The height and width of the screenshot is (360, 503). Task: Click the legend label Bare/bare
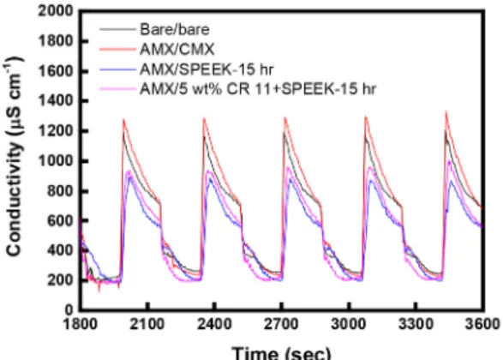(175, 29)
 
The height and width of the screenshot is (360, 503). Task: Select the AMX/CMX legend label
(177, 49)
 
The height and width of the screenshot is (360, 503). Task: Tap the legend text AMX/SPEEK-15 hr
(207, 69)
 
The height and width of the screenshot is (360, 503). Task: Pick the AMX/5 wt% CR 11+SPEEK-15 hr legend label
(258, 88)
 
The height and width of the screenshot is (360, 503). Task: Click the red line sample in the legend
(117, 50)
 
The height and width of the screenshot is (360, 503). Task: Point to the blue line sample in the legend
(117, 69)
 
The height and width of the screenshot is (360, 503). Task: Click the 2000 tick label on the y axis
(56, 11)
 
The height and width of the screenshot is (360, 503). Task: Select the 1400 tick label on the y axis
(56, 101)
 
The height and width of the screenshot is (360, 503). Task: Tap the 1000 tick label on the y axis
(56, 161)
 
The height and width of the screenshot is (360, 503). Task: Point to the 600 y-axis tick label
(60, 220)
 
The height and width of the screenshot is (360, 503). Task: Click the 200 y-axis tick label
(60, 280)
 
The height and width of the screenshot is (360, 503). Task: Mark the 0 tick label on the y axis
(69, 310)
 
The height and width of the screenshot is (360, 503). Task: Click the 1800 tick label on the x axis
(80, 324)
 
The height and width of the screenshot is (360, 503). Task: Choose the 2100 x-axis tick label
(147, 324)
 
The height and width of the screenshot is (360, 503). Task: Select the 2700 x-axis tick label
(281, 324)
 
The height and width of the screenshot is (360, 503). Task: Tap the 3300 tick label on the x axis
(416, 324)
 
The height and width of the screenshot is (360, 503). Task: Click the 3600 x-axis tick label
(482, 324)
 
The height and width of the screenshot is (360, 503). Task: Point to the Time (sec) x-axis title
(281, 353)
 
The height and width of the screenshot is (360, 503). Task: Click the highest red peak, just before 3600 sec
(446, 111)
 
